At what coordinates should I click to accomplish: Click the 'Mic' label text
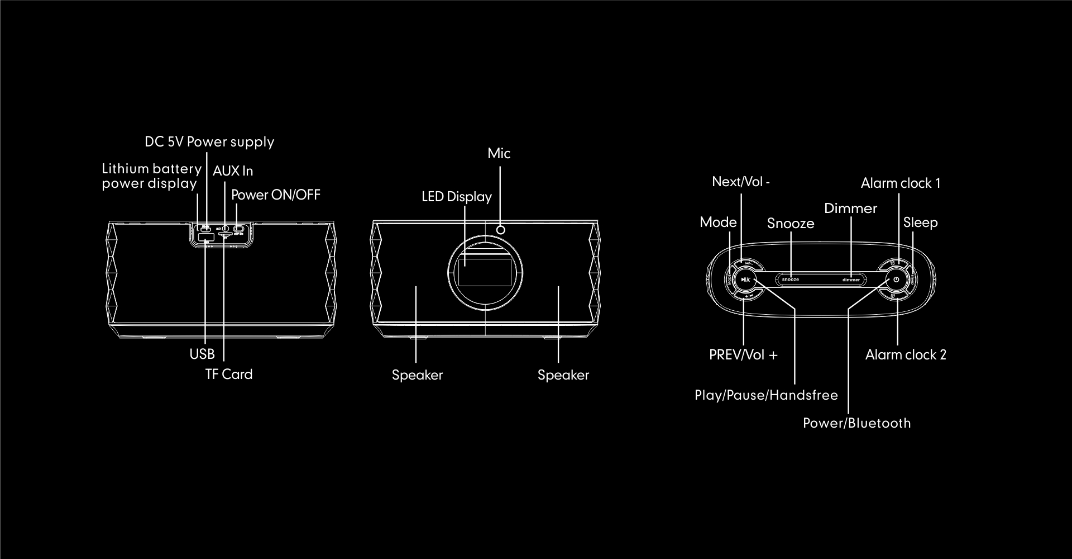[499, 154]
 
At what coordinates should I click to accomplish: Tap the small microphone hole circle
[501, 229]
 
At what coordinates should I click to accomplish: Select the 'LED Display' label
[456, 197]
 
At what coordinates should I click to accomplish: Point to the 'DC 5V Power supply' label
[209, 142]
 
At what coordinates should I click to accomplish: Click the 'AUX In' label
[233, 171]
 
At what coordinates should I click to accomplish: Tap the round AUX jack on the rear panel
[225, 229]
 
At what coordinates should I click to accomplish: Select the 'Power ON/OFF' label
[276, 195]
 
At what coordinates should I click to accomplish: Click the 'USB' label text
[202, 354]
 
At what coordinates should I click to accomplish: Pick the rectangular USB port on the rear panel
[206, 238]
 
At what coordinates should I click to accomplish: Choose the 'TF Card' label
[229, 375]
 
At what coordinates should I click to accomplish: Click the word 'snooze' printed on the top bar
[790, 279]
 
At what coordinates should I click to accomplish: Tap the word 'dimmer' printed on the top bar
[851, 279]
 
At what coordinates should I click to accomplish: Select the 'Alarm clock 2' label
[906, 355]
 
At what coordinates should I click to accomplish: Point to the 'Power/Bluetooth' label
[856, 423]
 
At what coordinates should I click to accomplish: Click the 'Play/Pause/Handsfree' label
[766, 395]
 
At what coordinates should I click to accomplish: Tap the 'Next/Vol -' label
[740, 182]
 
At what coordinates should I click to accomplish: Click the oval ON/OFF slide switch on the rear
[239, 229]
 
